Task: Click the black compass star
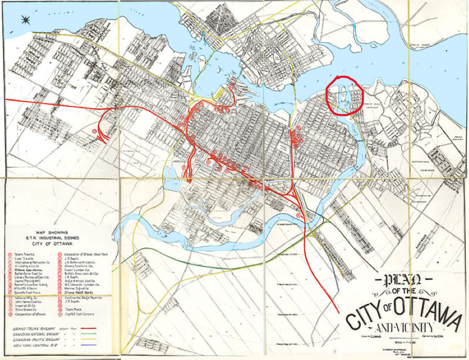pyautogui.click(x=24, y=20)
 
